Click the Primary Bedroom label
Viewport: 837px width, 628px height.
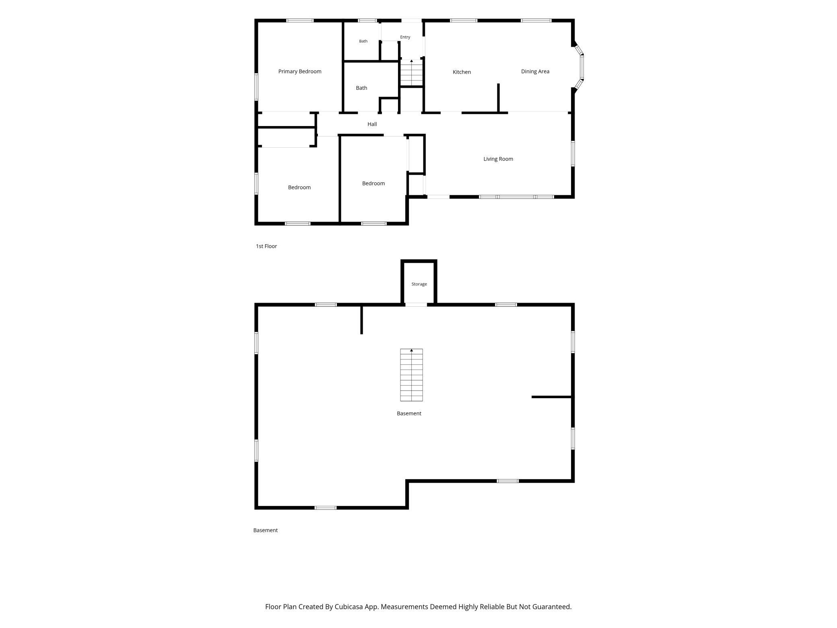pos(300,72)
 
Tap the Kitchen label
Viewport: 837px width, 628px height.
pos(462,72)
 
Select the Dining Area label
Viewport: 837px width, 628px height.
pos(535,72)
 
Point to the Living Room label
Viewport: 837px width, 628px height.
pos(498,159)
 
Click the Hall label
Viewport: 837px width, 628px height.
pos(372,124)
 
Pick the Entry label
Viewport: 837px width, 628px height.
pos(405,37)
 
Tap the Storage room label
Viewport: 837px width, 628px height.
pos(419,284)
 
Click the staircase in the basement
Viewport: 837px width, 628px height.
pos(411,375)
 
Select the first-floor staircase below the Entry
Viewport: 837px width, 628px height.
pos(411,72)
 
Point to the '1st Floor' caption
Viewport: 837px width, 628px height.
pos(266,246)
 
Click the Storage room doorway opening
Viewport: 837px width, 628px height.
pos(416,305)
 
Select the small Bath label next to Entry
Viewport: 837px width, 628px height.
pos(363,41)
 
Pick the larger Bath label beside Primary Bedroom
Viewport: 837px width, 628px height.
pos(361,88)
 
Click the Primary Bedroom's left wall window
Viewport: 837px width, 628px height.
pos(256,87)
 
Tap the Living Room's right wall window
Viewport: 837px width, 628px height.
pos(573,153)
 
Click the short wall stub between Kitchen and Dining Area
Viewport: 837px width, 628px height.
pos(498,97)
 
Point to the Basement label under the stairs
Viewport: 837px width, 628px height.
pos(409,413)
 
